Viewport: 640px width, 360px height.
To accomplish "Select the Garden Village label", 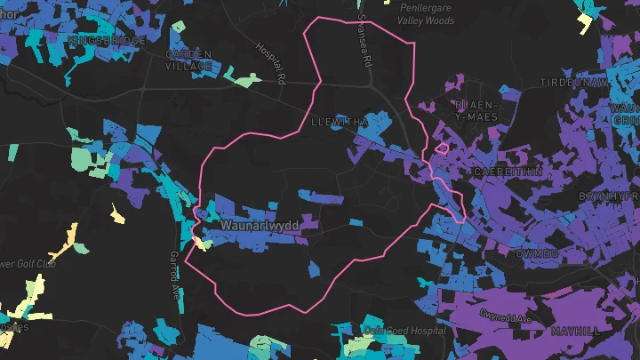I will click(x=189, y=60).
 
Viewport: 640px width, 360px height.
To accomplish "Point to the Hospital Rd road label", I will click(x=268, y=63).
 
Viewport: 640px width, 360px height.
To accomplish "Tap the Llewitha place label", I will click(x=339, y=121).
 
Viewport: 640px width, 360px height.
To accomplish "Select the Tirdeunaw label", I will click(x=574, y=82).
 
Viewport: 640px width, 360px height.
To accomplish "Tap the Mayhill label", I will click(x=575, y=330).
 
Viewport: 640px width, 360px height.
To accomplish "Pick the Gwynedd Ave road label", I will click(x=505, y=316).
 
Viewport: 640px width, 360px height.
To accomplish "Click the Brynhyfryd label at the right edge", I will click(x=609, y=196).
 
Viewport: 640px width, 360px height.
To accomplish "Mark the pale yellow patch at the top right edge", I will click(x=585, y=20).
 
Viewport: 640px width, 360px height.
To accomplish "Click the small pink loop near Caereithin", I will click(x=440, y=148).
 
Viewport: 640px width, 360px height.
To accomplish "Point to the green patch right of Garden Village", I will click(x=241, y=80).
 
